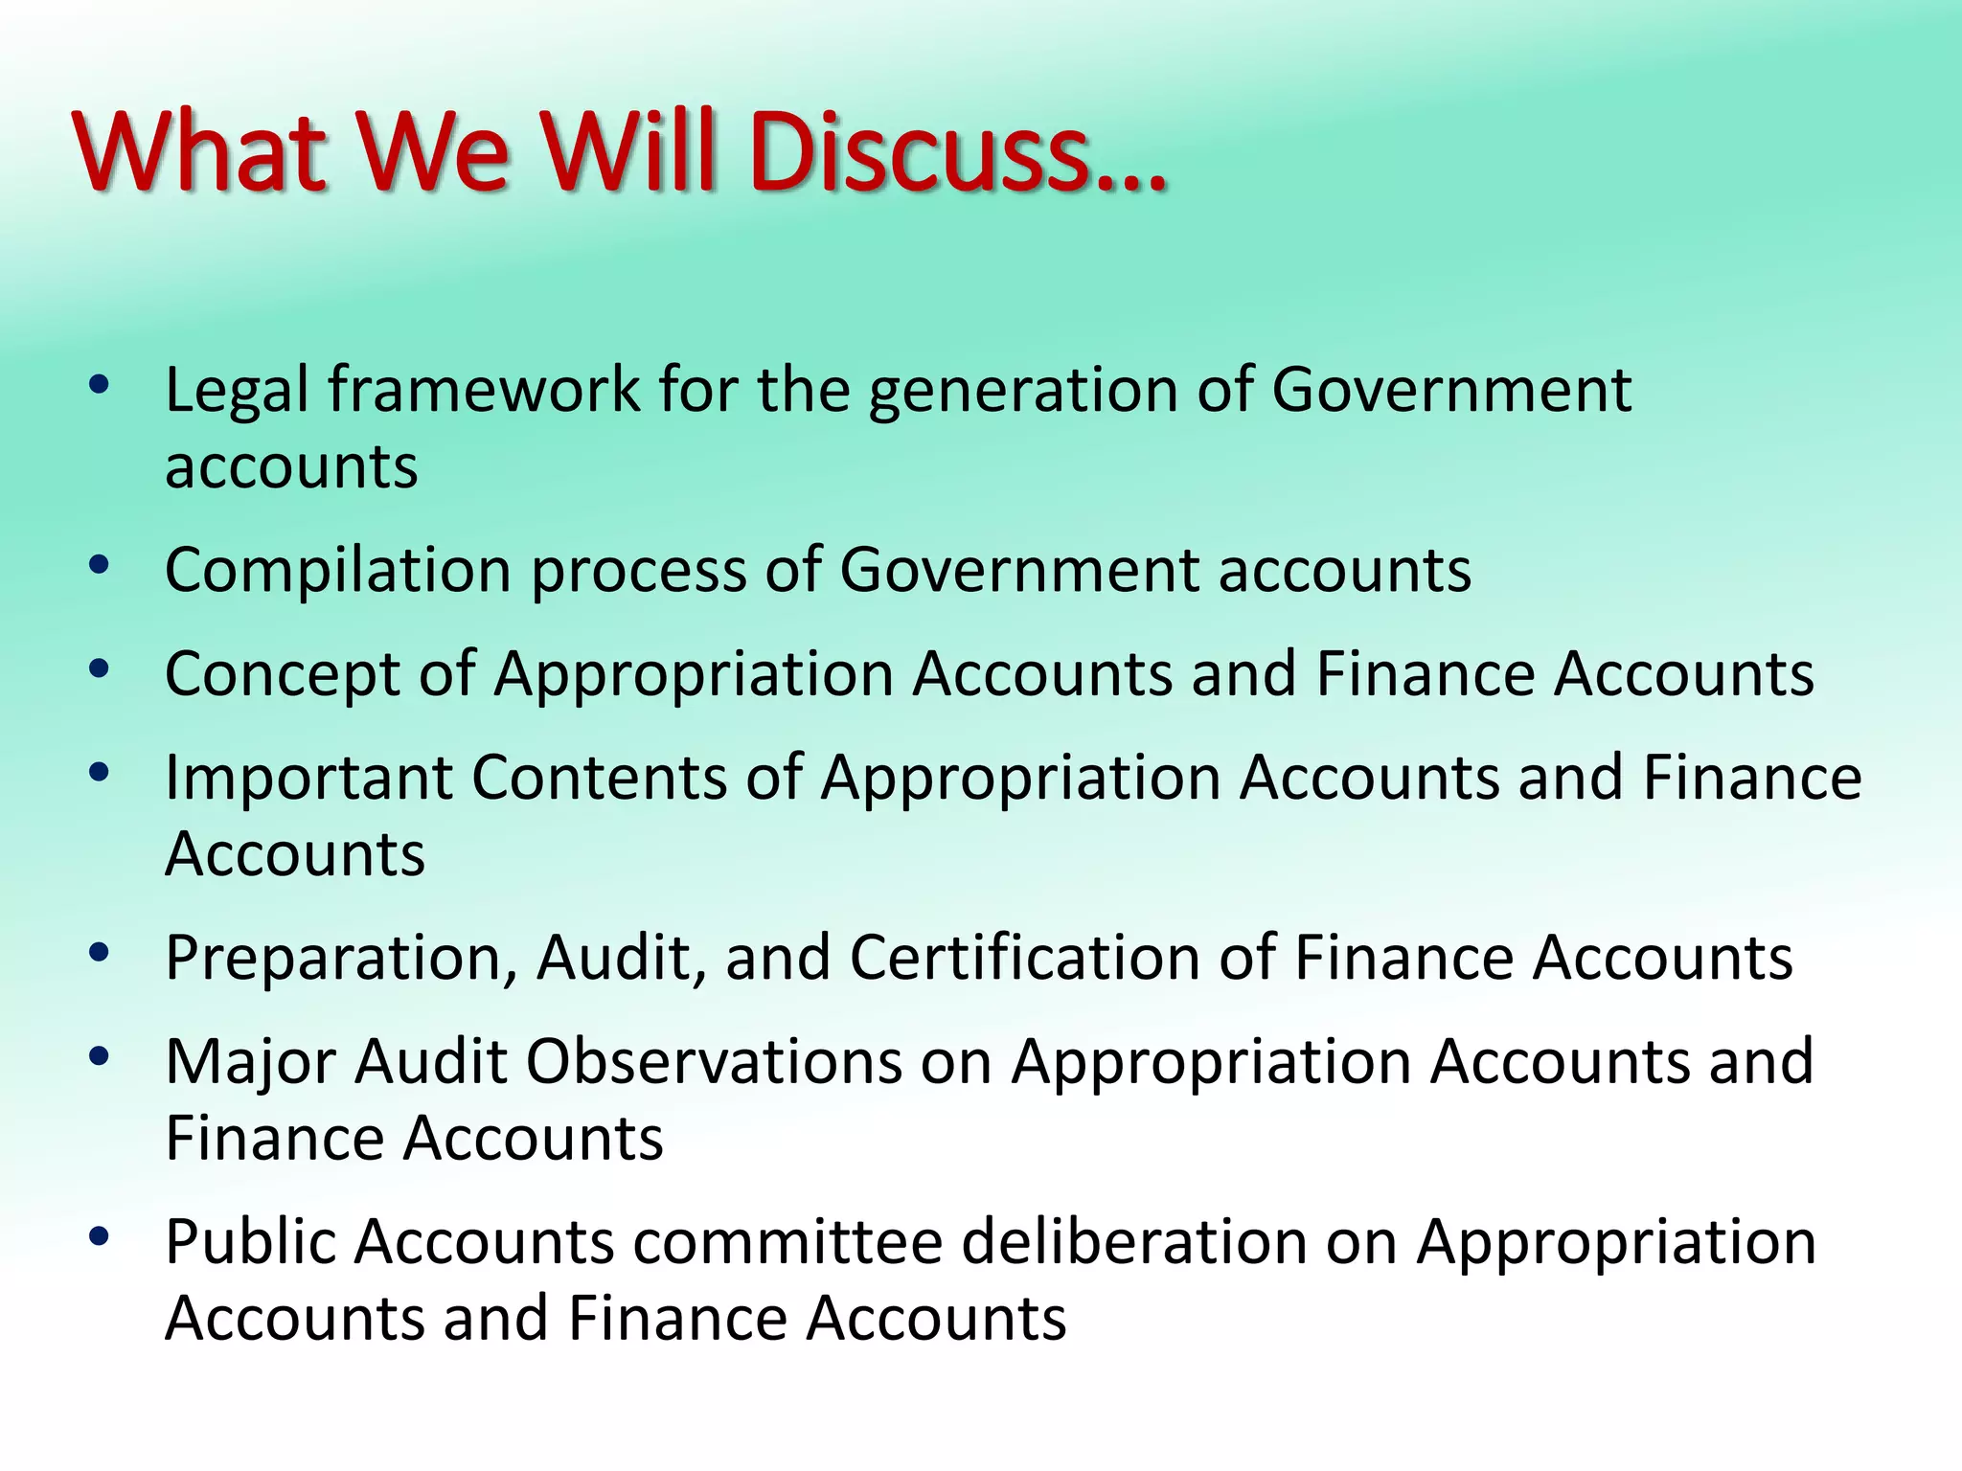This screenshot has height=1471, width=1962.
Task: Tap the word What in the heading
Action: coord(198,152)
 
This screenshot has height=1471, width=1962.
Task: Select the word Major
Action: coord(251,1062)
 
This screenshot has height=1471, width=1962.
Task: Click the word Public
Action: coord(252,1243)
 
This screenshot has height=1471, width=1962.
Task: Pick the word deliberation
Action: coord(1134,1242)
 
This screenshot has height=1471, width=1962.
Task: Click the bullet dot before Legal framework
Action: coord(99,385)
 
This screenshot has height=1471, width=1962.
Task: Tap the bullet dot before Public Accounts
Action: coord(99,1236)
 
